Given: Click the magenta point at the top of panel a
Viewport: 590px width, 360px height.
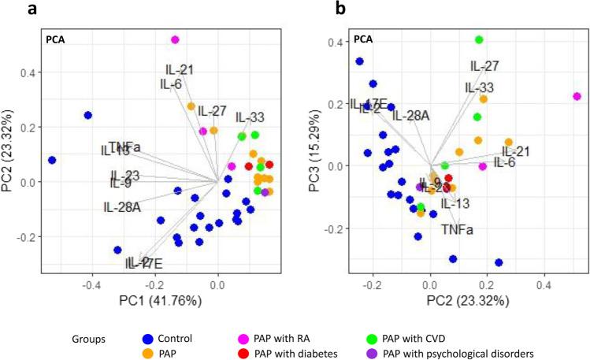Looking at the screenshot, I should click(175, 39).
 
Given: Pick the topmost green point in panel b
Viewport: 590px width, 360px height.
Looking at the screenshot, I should click(479, 39).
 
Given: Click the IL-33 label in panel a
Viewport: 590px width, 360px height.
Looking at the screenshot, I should click(249, 117).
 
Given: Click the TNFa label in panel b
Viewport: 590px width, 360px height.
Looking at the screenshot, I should click(457, 229).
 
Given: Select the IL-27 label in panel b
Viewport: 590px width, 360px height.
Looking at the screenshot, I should click(484, 66).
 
